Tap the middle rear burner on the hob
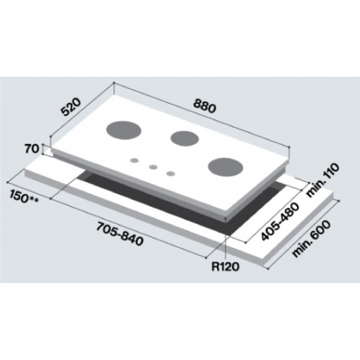click(x=184, y=138)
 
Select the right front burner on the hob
click(x=226, y=167)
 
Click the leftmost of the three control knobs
click(x=135, y=161)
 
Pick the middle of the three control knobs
click(x=154, y=167)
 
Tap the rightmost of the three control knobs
click(x=172, y=174)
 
